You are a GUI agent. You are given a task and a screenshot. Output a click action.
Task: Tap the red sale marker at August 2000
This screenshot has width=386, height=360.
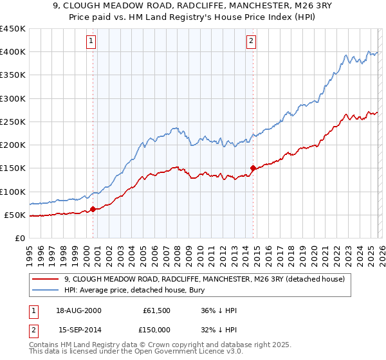[93, 209]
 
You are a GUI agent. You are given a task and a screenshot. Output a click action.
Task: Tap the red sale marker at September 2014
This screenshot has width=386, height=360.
[253, 168]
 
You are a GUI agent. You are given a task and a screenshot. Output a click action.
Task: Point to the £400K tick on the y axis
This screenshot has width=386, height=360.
[12, 52]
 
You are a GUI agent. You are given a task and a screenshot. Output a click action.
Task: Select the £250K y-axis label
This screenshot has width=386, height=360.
[12, 122]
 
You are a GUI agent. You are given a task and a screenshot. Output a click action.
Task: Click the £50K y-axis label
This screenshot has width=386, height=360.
[15, 215]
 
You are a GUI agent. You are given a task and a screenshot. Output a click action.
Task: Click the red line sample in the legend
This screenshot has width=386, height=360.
[46, 279]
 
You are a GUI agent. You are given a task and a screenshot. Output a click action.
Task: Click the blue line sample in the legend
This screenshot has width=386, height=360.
[46, 291]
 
